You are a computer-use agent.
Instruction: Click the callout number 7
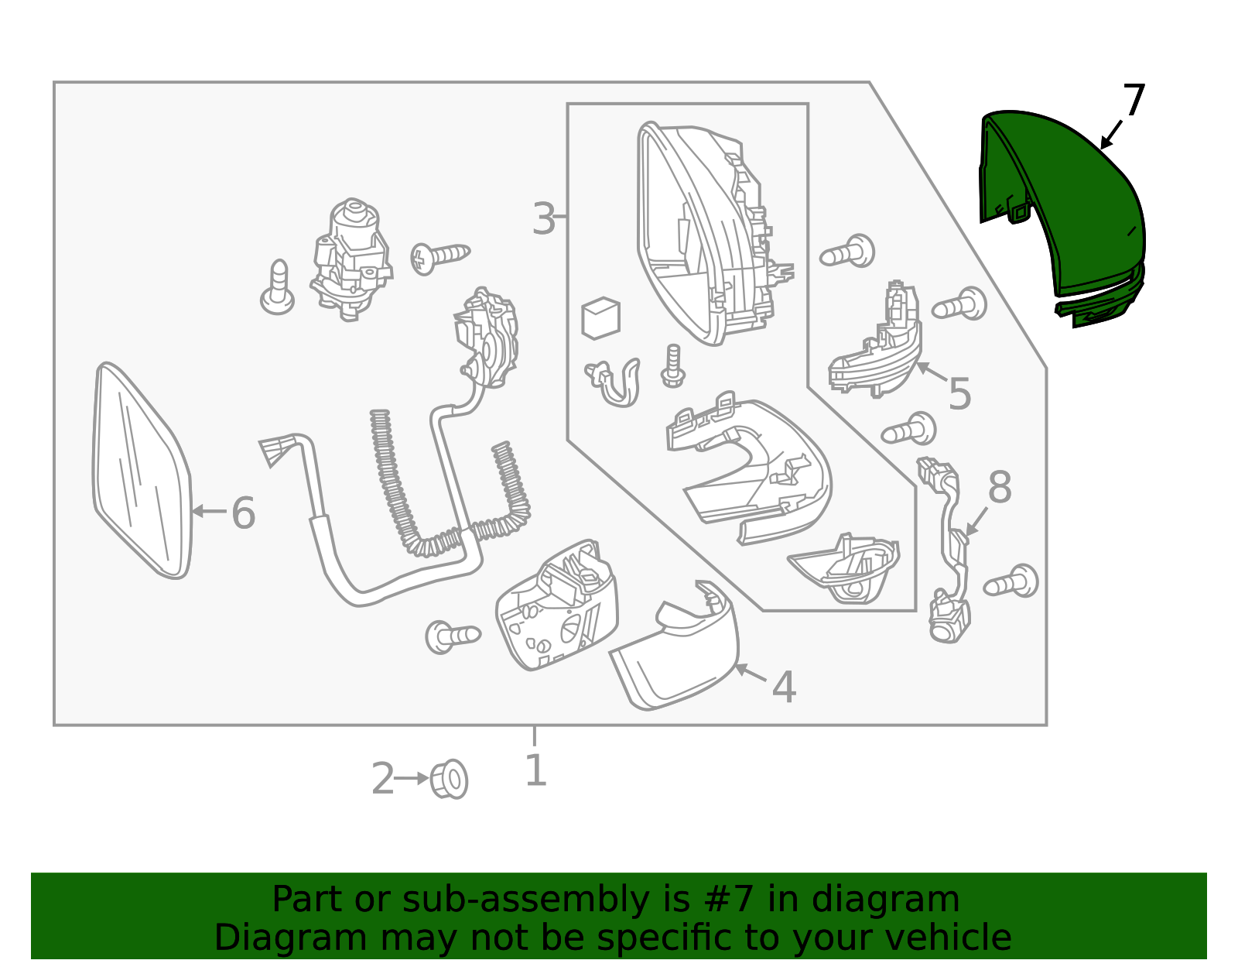(x=1134, y=101)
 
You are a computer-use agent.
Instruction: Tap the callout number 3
(x=543, y=218)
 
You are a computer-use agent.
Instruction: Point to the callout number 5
(x=959, y=393)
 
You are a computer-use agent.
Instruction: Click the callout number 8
(x=999, y=487)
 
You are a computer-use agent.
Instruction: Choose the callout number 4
(x=784, y=688)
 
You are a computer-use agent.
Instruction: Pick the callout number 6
(x=243, y=513)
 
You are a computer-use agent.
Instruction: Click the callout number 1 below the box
(x=535, y=770)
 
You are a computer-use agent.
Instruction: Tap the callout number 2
(x=382, y=779)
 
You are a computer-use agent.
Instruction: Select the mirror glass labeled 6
(x=142, y=471)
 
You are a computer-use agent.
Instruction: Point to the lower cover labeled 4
(x=675, y=646)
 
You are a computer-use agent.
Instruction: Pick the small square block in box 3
(x=600, y=318)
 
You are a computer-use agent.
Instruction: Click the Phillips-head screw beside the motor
(x=439, y=258)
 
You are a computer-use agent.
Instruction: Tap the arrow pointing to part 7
(x=1111, y=135)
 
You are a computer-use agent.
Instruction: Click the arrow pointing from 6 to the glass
(x=210, y=511)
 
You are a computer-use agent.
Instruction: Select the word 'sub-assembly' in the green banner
(x=525, y=899)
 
